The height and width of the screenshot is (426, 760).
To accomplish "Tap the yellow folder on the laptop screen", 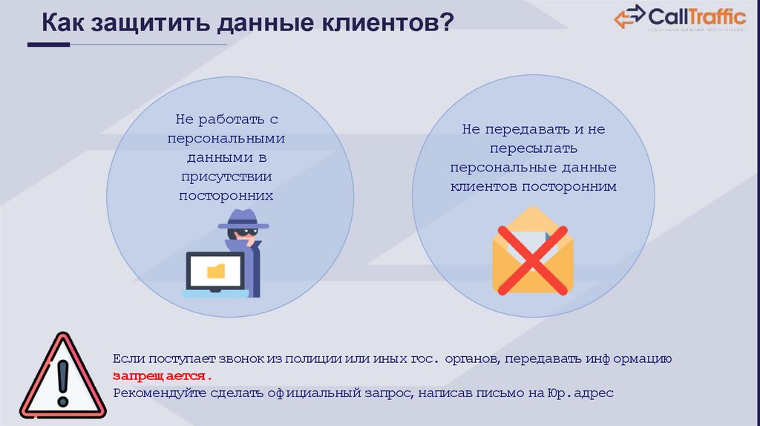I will pyautogui.click(x=215, y=270).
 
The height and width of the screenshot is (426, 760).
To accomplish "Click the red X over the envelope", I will pyautogui.click(x=532, y=258).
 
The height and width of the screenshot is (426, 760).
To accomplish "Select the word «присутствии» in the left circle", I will pyautogui.click(x=226, y=177).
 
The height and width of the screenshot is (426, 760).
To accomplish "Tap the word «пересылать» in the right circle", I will pyautogui.click(x=533, y=148).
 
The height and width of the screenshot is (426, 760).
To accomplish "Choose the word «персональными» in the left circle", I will pyautogui.click(x=226, y=138).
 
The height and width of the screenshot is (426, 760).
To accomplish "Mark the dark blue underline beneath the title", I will pyautogui.click(x=48, y=45).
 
